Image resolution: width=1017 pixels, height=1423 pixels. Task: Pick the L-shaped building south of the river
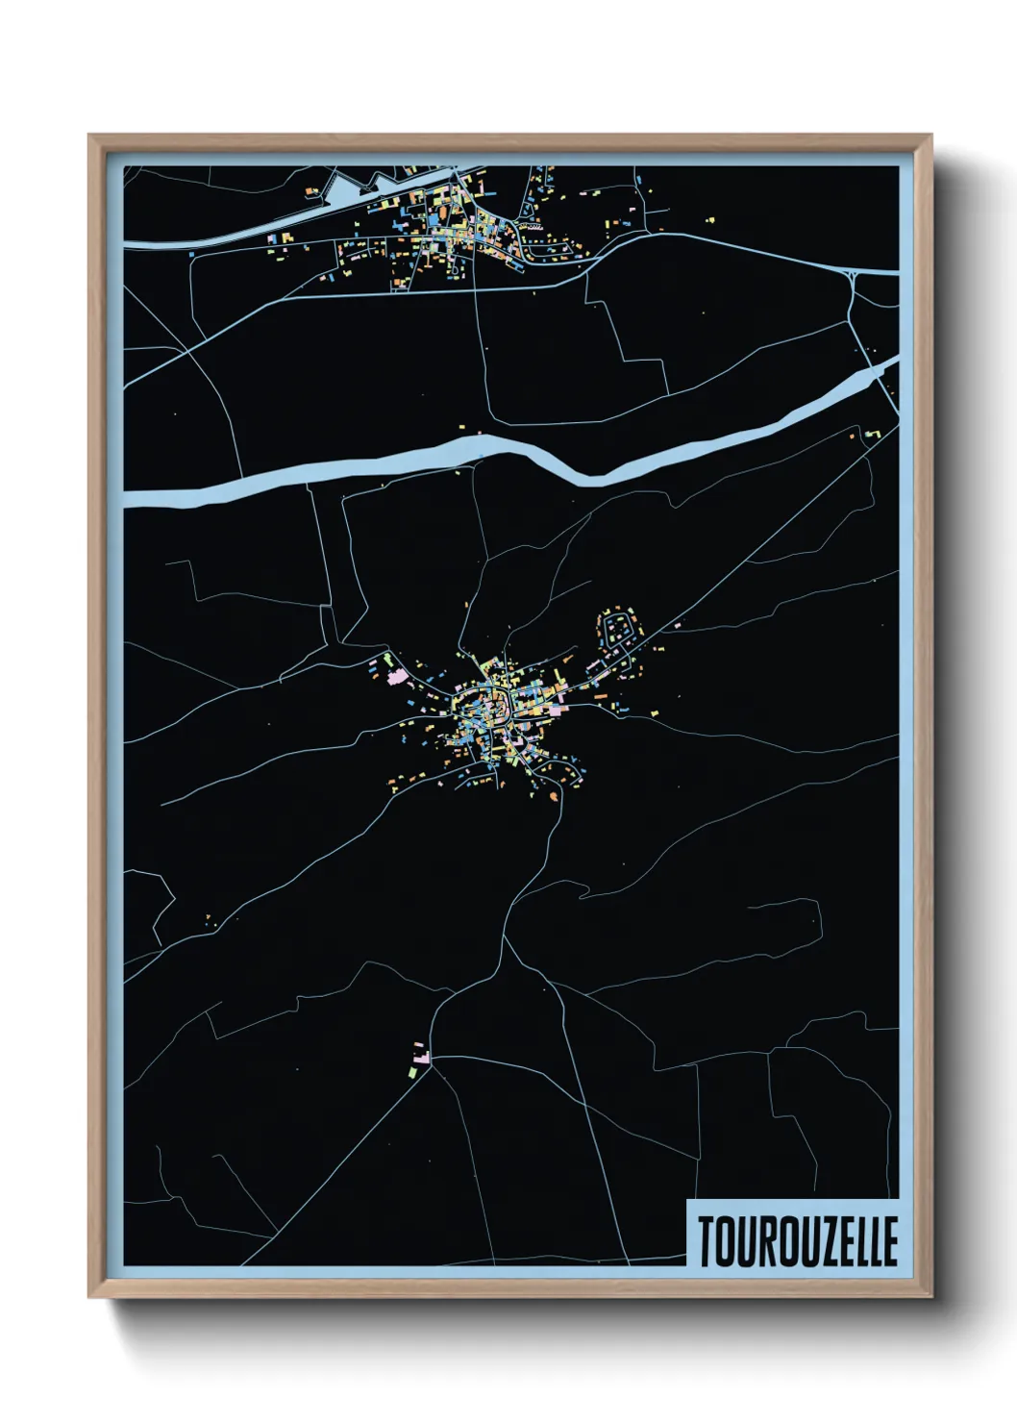(x=871, y=436)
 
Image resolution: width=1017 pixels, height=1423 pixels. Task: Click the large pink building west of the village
(x=395, y=675)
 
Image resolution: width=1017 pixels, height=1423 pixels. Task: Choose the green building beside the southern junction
(x=414, y=1067)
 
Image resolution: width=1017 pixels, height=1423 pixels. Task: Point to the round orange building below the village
(x=554, y=795)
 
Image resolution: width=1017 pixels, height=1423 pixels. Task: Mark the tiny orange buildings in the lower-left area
(x=211, y=920)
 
